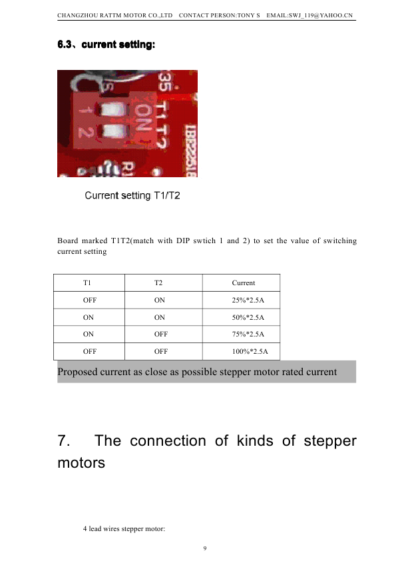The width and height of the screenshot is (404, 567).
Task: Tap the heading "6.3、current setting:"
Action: [106, 45]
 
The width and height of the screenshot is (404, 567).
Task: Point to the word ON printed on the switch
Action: [142, 117]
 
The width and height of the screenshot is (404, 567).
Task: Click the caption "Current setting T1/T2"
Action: [132, 196]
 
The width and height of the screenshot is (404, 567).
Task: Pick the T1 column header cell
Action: [89, 283]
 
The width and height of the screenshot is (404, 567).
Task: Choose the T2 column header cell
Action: [163, 283]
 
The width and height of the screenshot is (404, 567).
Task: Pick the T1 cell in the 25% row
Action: [89, 300]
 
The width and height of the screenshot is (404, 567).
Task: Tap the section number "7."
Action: [64, 441]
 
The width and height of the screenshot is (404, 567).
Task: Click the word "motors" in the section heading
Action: [81, 463]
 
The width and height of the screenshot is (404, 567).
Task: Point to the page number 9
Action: [205, 548]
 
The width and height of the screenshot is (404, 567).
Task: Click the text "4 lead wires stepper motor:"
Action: [124, 528]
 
